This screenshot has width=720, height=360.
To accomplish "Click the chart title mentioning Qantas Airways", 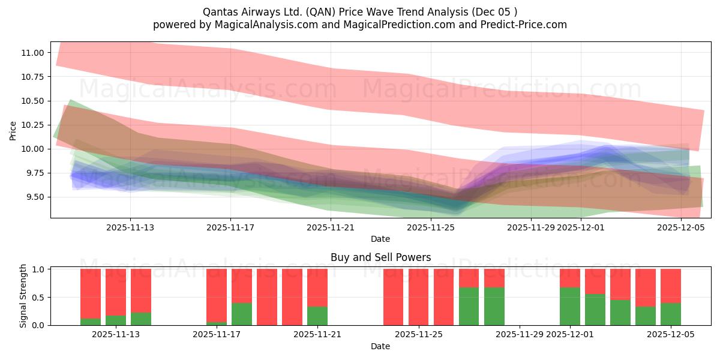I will (359, 11).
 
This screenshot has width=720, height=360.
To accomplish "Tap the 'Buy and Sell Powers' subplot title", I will (380, 257).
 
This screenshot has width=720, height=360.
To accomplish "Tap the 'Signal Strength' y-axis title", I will (23, 296).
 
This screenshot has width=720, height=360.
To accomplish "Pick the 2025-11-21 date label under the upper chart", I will (331, 227).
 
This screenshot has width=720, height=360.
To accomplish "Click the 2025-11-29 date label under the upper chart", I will (531, 227).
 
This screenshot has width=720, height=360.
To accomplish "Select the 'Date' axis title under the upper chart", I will (380, 239).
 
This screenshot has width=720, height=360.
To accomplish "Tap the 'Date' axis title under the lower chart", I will (380, 346).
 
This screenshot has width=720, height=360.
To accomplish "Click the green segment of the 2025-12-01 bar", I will (570, 307).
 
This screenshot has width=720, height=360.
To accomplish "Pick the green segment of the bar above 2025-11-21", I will (317, 316).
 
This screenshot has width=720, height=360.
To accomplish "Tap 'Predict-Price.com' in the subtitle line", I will (526, 25).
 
